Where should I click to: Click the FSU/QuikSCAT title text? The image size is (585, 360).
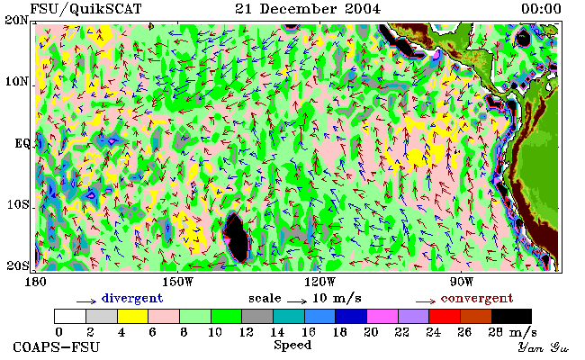(x=85, y=9)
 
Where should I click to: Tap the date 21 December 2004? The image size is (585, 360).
(x=308, y=9)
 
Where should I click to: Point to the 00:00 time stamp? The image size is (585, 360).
(x=541, y=9)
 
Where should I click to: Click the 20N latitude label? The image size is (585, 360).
(x=16, y=20)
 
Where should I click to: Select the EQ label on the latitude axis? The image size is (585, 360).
(x=22, y=144)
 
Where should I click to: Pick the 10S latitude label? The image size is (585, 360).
(x=18, y=205)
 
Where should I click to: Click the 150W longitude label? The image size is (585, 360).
(x=179, y=282)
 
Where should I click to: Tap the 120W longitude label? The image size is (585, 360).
(x=319, y=282)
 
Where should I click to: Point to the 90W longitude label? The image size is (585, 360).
(x=462, y=282)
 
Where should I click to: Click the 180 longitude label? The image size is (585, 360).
(x=35, y=282)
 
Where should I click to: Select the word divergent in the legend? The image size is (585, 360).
(x=132, y=299)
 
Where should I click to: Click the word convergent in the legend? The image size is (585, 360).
(x=477, y=299)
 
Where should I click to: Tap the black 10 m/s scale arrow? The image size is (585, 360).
(x=297, y=301)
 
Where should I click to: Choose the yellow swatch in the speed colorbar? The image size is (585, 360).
(x=133, y=316)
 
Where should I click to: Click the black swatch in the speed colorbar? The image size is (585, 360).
(x=511, y=316)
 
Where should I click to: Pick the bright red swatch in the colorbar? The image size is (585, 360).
(x=445, y=316)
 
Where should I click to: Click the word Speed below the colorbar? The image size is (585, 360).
(x=292, y=345)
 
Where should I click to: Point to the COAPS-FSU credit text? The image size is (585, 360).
(x=57, y=347)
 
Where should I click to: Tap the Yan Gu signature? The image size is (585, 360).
(x=544, y=348)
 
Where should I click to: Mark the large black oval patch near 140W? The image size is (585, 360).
(x=236, y=238)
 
